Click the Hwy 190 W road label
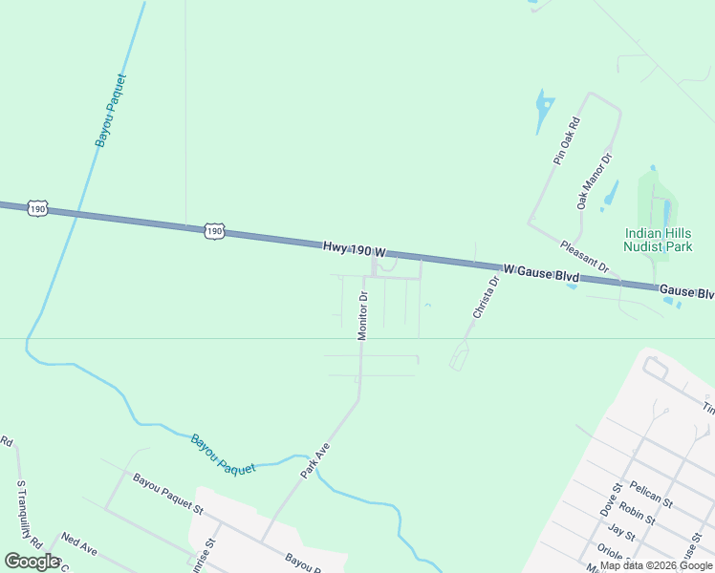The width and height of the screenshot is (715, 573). click(x=354, y=249)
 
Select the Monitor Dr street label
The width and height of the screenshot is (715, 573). click(x=363, y=316)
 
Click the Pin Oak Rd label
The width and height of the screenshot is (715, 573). click(x=567, y=141)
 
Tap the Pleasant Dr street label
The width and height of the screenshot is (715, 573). click(x=584, y=257)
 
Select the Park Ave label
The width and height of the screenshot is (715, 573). click(x=314, y=461)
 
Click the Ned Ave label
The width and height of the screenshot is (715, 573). click(x=79, y=544)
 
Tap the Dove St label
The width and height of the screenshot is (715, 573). click(x=610, y=499)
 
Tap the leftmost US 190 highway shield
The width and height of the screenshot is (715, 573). click(x=37, y=208)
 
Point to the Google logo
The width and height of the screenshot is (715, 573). click(x=32, y=561)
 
